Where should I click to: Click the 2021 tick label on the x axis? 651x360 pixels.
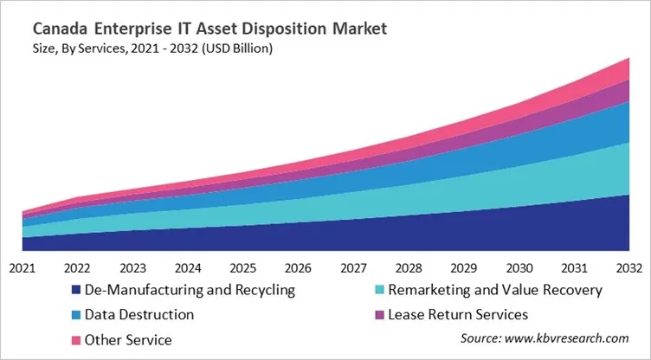[23, 267]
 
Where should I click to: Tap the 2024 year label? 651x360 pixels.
[188, 267]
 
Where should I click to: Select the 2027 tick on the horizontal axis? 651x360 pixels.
[354, 267]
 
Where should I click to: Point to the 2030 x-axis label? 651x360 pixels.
[519, 267]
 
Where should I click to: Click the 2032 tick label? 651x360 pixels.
[629, 267]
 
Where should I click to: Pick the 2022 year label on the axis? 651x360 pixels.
[78, 267]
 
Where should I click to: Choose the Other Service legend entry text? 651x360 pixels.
[129, 339]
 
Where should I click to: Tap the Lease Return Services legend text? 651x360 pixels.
[458, 314]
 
